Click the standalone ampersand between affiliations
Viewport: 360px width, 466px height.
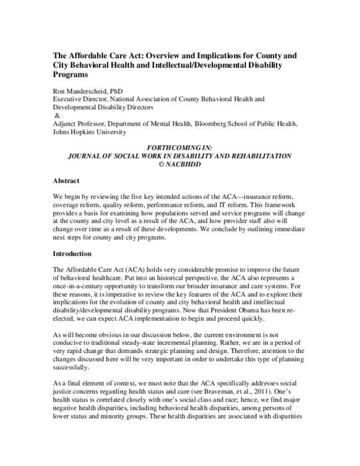(x=58, y=115)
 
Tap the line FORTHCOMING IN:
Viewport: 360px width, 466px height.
(x=181, y=148)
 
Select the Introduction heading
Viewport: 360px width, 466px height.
(x=75, y=254)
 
